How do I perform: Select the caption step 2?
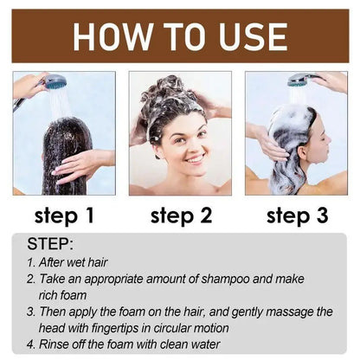pos(180,215)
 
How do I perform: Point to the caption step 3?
pos(297,215)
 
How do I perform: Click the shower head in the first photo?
pos(53,82)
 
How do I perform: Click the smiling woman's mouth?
pos(196,158)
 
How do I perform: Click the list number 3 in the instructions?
pos(30,311)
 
